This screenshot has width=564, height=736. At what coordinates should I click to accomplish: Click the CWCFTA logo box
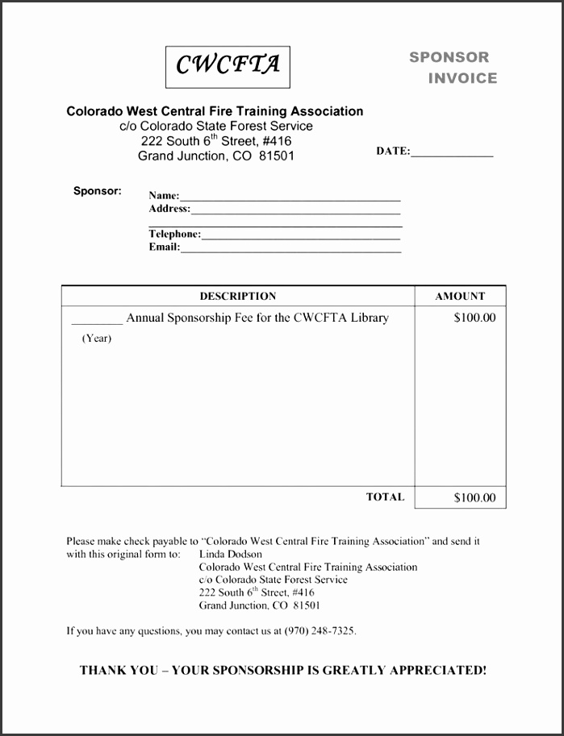228,66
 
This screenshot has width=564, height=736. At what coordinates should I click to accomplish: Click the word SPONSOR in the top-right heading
449,57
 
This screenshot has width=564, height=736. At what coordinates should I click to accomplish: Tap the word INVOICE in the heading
462,78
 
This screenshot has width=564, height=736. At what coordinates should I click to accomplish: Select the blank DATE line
452,153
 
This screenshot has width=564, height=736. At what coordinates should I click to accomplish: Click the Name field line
290,198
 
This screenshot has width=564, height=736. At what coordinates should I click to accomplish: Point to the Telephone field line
301,237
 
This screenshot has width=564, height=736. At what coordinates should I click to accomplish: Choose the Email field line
290,250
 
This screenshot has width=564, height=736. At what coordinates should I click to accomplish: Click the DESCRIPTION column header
238,296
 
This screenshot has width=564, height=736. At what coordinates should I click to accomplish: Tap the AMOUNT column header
460,296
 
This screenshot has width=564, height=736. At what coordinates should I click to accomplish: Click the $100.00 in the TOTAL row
474,497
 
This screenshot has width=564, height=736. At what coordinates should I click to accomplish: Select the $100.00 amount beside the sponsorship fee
474,318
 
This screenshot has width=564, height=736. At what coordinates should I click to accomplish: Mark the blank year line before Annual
97,321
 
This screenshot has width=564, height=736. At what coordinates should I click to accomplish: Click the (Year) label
97,339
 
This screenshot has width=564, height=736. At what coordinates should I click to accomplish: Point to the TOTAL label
385,497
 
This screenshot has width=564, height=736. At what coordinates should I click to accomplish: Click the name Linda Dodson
230,554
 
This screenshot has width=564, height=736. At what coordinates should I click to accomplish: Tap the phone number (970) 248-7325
320,631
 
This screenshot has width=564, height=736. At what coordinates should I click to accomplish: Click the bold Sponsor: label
98,191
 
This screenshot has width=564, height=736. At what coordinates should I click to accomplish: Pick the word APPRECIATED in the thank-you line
436,670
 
